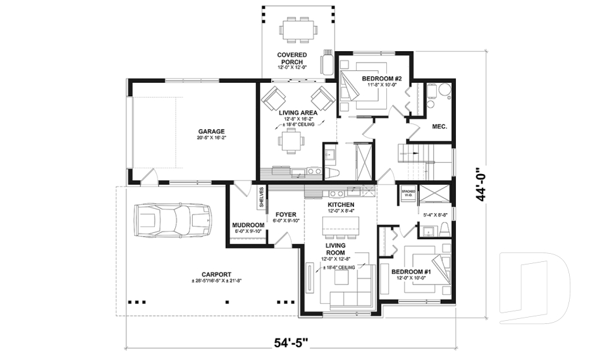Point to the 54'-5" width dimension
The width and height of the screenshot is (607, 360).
[291, 343]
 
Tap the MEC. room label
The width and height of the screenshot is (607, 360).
[439, 127]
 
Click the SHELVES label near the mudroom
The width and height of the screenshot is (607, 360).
[261, 197]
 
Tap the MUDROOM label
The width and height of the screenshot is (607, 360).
[248, 225]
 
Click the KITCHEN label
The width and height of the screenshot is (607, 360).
[341, 206]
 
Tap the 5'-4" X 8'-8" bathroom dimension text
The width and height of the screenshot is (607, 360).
[436, 215]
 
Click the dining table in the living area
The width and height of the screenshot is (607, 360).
[291, 143]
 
